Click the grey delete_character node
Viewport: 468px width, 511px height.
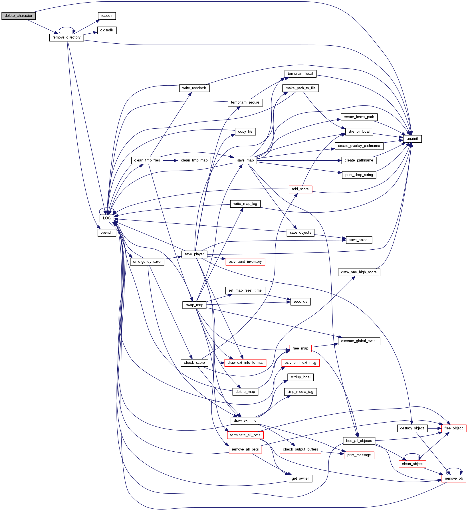pyautogui.click(x=19, y=16)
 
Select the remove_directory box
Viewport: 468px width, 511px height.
pyautogui.click(x=66, y=37)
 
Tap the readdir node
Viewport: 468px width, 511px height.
pyautogui.click(x=107, y=16)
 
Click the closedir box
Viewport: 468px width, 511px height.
pyautogui.click(x=107, y=30)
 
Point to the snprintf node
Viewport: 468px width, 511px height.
pyautogui.click(x=412, y=139)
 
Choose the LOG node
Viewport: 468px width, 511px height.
pyautogui.click(x=107, y=218)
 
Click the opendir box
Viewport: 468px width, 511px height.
pyautogui.click(x=107, y=233)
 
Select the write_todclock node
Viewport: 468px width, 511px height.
pyautogui.click(x=194, y=88)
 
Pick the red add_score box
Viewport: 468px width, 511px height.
pyautogui.click(x=300, y=189)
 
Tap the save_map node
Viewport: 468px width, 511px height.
pyautogui.click(x=245, y=160)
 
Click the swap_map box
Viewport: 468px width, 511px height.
pyautogui.click(x=194, y=305)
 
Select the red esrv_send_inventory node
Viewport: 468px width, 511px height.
pyautogui.click(x=245, y=262)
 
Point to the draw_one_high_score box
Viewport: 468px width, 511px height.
pyautogui.click(x=359, y=272)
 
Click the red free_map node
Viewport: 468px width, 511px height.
pyautogui.click(x=300, y=348)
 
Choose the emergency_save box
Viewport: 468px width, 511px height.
pyautogui.click(x=147, y=262)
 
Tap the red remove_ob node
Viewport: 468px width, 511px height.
pyautogui.click(x=454, y=478)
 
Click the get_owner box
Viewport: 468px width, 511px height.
pyautogui.click(x=300, y=478)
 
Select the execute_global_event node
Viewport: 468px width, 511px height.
pyautogui.click(x=359, y=341)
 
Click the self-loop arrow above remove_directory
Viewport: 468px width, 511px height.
pyautogui.click(x=66, y=28)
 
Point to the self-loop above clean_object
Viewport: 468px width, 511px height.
pyautogui.click(x=412, y=454)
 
